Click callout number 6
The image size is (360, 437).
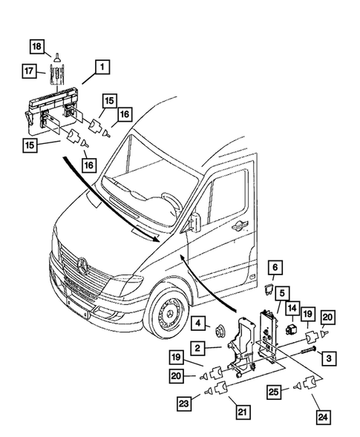coord(273,267)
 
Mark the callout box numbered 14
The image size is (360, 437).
coord(292,308)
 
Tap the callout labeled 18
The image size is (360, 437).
coord(36,48)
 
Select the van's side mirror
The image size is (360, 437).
coord(195,220)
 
